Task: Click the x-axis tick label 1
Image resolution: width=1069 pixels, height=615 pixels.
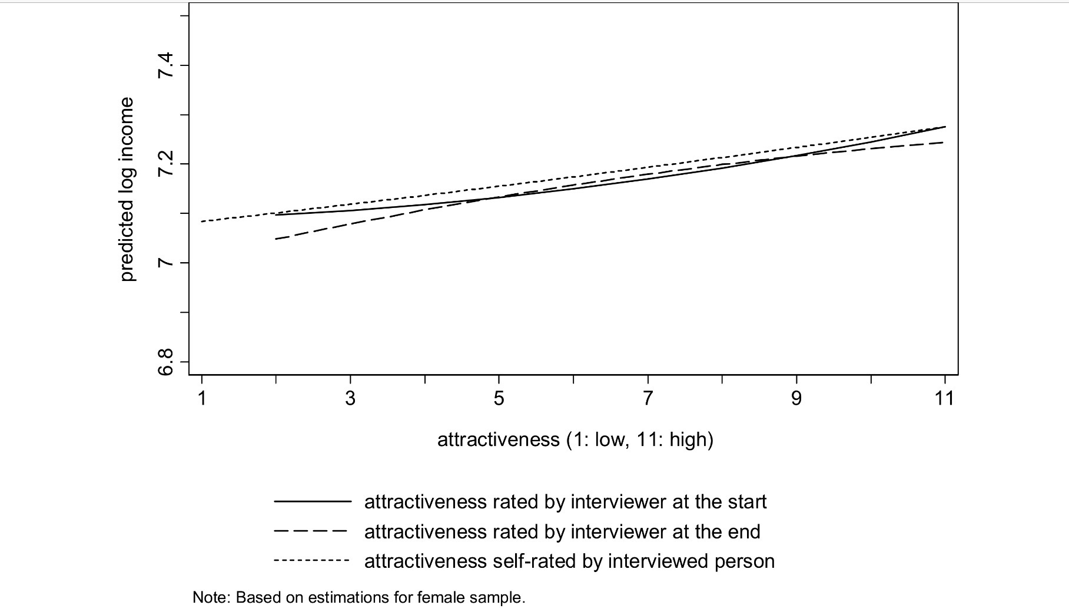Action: click(x=202, y=399)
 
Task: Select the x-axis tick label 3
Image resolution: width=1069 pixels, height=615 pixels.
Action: click(x=351, y=399)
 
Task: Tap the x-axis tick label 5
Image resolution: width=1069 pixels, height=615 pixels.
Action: click(x=499, y=399)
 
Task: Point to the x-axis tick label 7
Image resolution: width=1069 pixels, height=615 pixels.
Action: click(x=648, y=399)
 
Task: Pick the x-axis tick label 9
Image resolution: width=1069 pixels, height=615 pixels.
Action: click(x=796, y=399)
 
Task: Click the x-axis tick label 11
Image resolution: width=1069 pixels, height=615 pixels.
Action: click(x=944, y=399)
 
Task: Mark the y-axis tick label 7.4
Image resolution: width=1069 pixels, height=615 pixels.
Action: click(x=167, y=65)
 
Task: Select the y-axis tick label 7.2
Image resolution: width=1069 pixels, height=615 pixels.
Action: click(x=167, y=164)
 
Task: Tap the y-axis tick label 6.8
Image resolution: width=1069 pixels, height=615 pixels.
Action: click(x=167, y=361)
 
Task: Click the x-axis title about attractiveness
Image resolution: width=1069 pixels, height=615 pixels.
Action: click(x=575, y=439)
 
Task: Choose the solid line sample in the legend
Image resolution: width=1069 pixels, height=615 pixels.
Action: click(x=311, y=501)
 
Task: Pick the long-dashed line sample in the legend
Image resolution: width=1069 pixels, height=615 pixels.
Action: click(x=311, y=531)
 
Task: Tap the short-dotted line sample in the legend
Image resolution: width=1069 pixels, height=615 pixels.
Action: click(x=311, y=561)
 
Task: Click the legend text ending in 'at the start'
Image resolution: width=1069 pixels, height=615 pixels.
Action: click(x=565, y=501)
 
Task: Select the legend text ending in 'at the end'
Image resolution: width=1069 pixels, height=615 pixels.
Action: click(x=562, y=531)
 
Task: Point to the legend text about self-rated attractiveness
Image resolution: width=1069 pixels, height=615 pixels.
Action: click(x=569, y=561)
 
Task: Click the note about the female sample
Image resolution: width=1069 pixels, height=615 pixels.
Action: click(x=358, y=597)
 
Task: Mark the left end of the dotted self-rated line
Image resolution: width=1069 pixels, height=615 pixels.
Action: click(x=202, y=221)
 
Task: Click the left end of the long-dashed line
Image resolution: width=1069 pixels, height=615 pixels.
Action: click(x=276, y=239)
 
